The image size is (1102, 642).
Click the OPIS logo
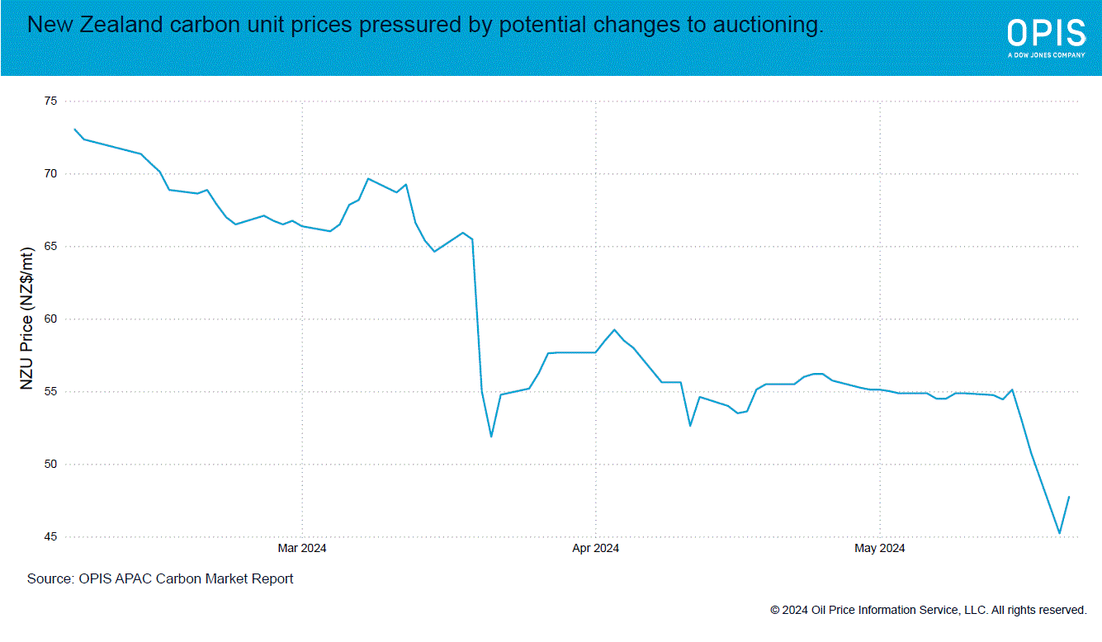[x=1046, y=36]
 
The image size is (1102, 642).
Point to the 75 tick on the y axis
[x=51, y=101]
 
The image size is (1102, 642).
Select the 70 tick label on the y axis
[x=51, y=174]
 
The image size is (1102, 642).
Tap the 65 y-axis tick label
[x=51, y=247]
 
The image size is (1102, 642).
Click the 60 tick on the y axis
[x=51, y=319]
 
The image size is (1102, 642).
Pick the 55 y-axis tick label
[x=51, y=392]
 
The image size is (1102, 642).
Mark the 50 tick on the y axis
[x=51, y=465]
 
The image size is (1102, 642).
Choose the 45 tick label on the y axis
[x=51, y=537]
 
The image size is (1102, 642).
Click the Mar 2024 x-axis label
[x=302, y=548]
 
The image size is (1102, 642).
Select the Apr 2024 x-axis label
[x=595, y=548]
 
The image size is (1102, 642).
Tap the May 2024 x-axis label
[x=880, y=548]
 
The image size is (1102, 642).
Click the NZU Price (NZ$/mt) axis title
[x=27, y=319]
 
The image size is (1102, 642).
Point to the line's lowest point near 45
[x=1060, y=533]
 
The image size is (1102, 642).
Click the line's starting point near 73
[x=75, y=129]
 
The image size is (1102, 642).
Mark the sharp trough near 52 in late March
[x=491, y=436]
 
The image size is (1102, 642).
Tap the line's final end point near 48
[x=1069, y=497]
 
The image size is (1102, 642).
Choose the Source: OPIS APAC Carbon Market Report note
[x=160, y=579]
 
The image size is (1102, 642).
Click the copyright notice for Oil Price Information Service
[x=928, y=611]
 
